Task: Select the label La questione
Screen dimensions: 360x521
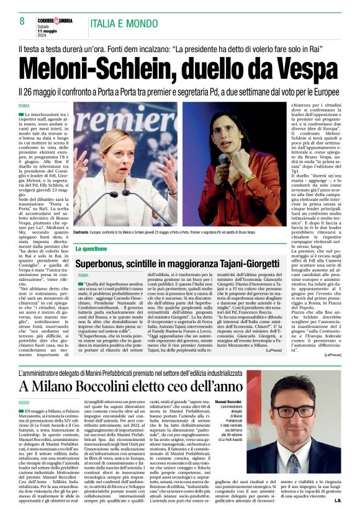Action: (x=91, y=248)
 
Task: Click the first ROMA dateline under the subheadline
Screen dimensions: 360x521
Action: (x=24, y=106)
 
